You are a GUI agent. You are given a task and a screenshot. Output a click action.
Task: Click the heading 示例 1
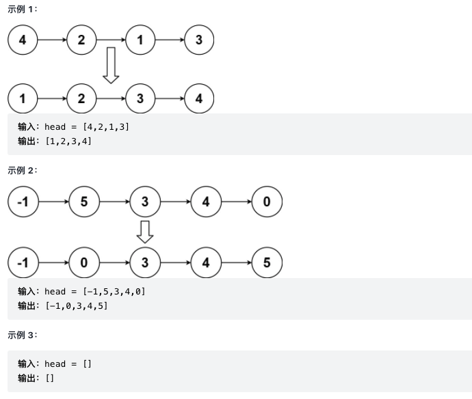pos(22,9)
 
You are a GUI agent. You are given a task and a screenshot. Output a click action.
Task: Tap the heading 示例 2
pos(22,170)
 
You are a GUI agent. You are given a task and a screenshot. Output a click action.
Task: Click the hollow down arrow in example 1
pos(111,66)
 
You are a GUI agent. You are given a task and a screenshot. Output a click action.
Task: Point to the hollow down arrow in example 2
pos(144,232)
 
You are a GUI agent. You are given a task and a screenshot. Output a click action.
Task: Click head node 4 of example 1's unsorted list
pos(23,40)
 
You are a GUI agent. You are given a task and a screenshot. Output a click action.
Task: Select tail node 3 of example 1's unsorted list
pos(199,40)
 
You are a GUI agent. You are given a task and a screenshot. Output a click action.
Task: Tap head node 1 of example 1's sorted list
pos(23,98)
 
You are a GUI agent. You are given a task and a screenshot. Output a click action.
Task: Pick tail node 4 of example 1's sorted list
pos(199,98)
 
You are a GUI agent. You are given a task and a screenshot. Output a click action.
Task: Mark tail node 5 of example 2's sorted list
pos(267,262)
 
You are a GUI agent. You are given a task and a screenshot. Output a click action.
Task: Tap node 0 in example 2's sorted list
pos(84,262)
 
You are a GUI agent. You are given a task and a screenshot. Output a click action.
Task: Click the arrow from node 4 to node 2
pos(52,40)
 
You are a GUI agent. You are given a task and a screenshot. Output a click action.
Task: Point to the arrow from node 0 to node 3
pos(114,262)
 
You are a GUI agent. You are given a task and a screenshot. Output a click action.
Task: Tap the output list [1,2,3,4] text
pos(68,141)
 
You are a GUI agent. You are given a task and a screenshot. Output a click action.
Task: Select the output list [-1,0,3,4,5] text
pos(76,305)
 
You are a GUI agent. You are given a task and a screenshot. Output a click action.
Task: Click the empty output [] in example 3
pos(49,378)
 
